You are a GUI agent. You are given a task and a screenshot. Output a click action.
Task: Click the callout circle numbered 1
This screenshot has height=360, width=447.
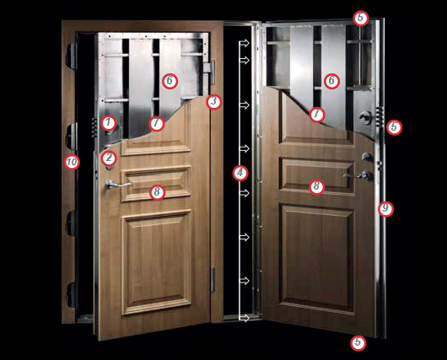[x=108, y=123]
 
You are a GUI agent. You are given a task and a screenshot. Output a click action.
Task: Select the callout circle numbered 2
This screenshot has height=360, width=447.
[x=109, y=158]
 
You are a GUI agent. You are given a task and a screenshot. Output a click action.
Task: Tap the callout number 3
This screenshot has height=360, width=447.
[x=214, y=101]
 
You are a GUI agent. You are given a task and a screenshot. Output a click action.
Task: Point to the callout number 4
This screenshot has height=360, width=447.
[x=240, y=173]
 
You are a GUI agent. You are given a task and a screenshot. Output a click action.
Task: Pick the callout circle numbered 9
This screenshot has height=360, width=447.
[x=385, y=209]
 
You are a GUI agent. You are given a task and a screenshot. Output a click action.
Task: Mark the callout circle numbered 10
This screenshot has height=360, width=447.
[x=72, y=162]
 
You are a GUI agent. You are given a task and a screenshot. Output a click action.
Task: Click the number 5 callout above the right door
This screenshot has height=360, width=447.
[x=361, y=18]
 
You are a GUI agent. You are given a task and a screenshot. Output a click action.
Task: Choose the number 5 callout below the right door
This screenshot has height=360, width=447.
[x=358, y=342]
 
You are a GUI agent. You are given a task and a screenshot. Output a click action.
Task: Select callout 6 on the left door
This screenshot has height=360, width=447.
[x=170, y=81]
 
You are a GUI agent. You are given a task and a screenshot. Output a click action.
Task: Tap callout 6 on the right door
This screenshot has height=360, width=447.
[x=331, y=81]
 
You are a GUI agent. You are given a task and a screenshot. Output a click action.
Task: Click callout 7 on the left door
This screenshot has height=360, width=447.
[x=157, y=123]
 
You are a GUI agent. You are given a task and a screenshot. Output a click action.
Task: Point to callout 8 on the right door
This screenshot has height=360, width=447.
[x=316, y=186]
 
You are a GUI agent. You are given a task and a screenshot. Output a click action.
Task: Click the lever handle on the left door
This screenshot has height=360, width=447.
[x=117, y=185]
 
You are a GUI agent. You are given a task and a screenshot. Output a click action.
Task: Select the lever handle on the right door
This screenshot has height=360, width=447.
[x=357, y=175]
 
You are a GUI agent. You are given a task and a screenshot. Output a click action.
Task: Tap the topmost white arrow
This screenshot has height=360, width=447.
[x=245, y=43]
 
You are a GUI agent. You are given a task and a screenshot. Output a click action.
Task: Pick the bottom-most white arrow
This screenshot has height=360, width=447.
[x=245, y=318]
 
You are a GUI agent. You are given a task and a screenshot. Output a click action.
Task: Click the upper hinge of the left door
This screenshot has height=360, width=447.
[x=209, y=73]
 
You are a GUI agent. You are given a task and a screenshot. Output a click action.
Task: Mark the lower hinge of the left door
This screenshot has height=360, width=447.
[x=213, y=280]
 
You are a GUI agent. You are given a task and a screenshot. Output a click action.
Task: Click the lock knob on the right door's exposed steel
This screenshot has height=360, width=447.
[x=365, y=117]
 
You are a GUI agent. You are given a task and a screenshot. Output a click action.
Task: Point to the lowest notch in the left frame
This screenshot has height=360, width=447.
[x=71, y=294]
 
